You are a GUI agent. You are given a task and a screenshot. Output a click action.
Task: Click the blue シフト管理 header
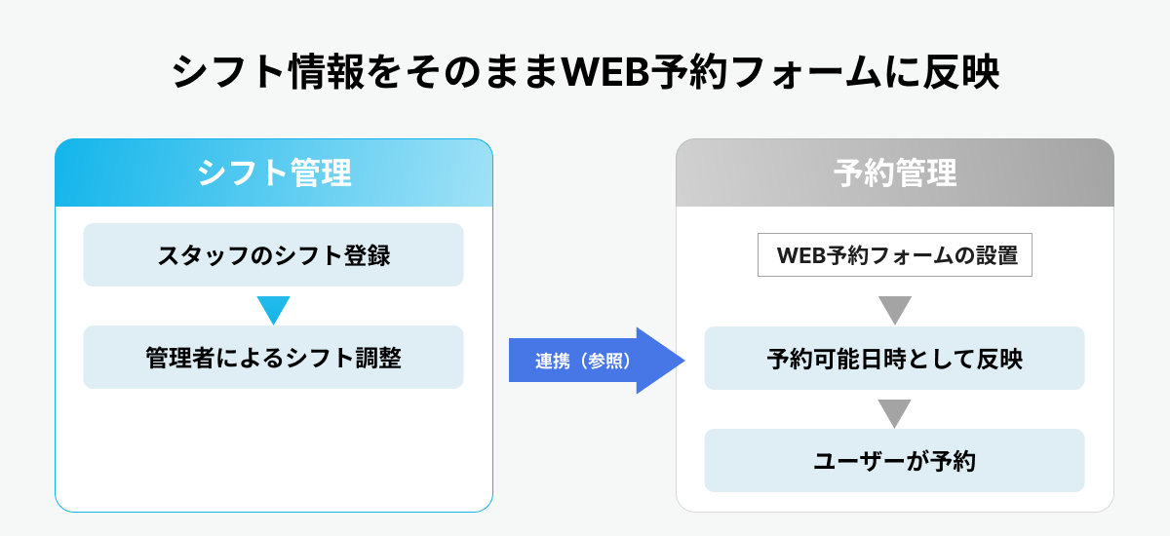coord(273,173)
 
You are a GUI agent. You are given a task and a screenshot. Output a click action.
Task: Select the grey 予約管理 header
coord(894,173)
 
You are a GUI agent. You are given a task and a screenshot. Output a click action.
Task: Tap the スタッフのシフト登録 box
coord(273,255)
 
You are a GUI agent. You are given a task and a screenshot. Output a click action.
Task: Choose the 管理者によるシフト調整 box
coord(273,358)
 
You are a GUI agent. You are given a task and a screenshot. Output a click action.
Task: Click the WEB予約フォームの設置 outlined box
coord(894,256)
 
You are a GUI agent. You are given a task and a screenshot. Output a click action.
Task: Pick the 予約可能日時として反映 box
coord(894,359)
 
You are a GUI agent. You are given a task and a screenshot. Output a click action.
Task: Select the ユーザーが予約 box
coord(894,461)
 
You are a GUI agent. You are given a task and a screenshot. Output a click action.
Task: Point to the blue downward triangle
coord(274,309)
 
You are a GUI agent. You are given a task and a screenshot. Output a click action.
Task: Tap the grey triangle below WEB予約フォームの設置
coord(894,309)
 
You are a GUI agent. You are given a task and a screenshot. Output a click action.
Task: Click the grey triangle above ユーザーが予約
coord(894,411)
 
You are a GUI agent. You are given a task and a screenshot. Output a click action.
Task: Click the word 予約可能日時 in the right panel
coord(829,359)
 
